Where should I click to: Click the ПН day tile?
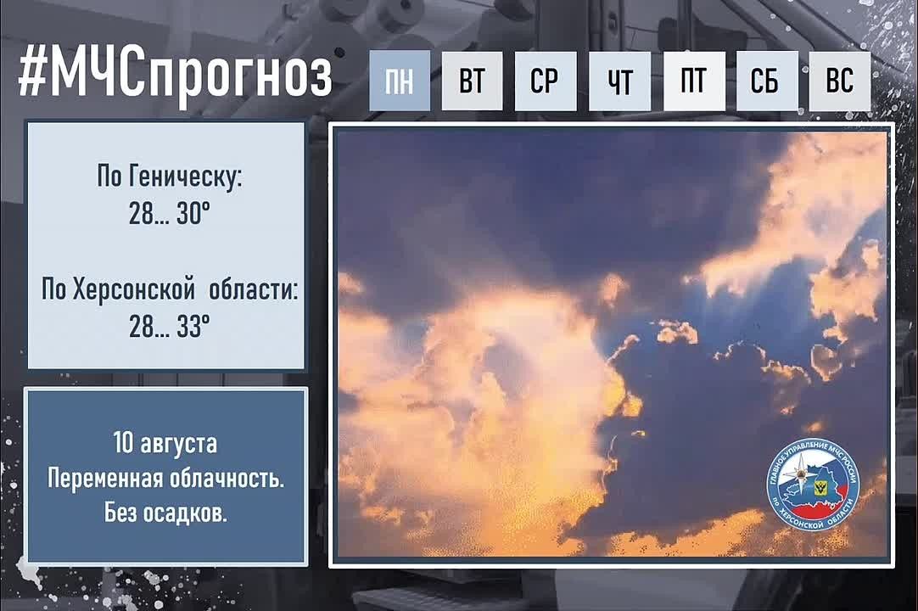click(400, 81)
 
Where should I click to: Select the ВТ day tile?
click(472, 81)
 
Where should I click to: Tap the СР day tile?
click(546, 81)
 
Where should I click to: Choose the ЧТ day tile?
click(619, 81)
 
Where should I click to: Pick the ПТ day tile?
click(694, 81)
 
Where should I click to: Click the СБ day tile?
click(767, 81)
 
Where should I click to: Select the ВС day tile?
click(840, 81)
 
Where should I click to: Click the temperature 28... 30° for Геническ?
click(169, 215)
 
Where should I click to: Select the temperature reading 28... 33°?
click(169, 327)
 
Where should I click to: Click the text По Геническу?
click(169, 177)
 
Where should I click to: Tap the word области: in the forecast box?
click(254, 289)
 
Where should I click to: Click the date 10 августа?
click(165, 444)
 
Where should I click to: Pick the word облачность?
click(227, 479)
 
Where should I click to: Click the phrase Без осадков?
click(165, 513)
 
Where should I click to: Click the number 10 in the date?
click(124, 443)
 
